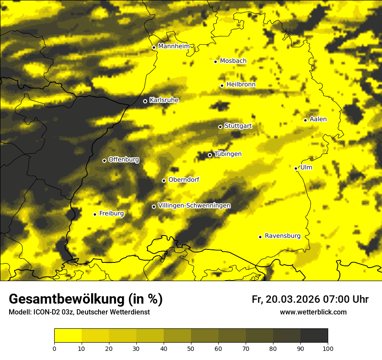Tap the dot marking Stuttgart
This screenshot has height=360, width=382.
220,127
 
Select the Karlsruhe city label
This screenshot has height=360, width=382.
164,100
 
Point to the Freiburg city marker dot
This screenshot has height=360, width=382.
95,214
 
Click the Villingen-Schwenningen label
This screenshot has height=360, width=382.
194,206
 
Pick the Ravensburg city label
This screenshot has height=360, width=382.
282,236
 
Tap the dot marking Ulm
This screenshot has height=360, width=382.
296,168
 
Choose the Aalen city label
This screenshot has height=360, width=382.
318,119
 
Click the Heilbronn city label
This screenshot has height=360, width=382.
241,85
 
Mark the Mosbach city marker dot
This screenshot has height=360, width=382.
215,62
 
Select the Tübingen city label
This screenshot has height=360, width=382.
228,154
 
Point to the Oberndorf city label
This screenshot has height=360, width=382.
184,180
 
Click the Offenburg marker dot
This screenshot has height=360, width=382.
104,160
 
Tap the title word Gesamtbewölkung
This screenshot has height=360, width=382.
66,299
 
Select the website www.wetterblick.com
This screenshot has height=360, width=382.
313,312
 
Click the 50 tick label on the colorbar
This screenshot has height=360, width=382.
191,348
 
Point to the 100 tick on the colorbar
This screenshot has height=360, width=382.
327,348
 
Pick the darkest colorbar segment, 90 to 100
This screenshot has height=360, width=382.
314,336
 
